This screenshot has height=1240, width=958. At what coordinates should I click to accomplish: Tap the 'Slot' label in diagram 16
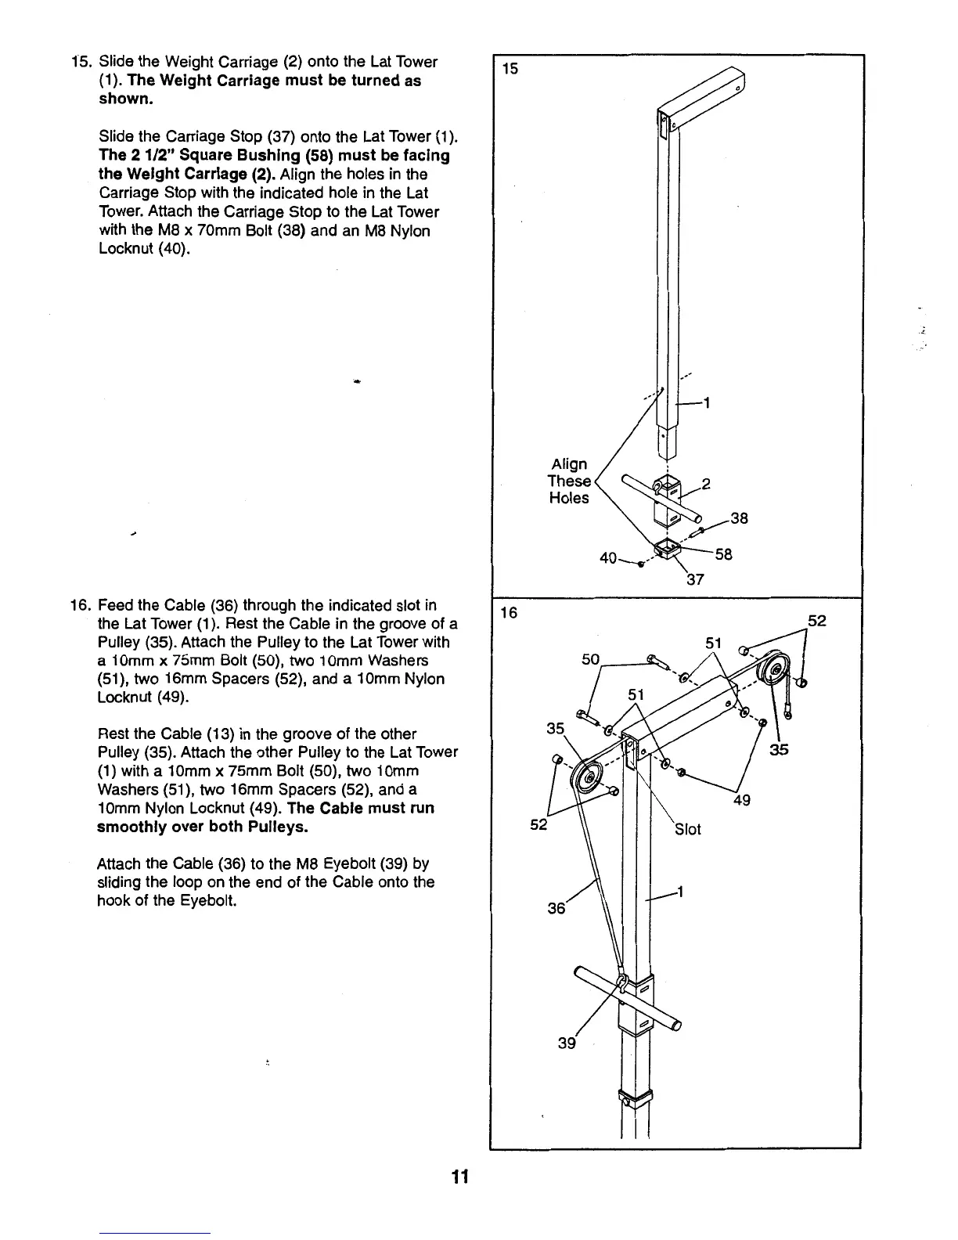coord(687,830)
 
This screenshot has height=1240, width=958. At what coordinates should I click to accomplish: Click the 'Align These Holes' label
coord(569,481)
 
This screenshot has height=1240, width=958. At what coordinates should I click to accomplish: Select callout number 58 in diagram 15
coord(723,554)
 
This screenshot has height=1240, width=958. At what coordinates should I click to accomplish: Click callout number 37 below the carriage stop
coord(696,580)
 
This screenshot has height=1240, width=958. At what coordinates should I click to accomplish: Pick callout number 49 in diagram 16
coord(742,801)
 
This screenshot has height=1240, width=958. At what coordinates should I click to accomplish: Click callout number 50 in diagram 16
coord(591,660)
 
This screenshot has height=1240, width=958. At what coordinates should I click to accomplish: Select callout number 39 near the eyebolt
coord(567,1044)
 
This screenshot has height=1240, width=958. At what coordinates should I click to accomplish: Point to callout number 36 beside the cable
coord(556,908)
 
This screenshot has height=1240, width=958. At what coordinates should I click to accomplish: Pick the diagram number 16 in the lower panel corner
coord(510,612)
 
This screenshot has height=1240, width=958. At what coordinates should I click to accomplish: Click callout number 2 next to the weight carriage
coord(706,484)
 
